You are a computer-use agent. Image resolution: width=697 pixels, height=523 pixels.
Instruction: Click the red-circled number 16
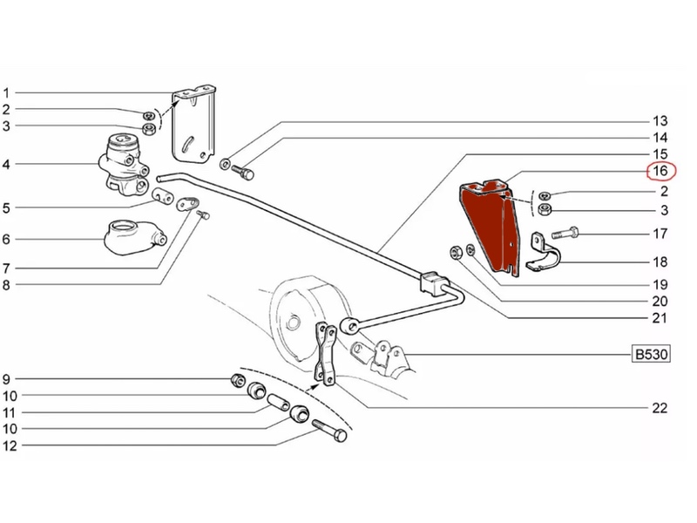660,171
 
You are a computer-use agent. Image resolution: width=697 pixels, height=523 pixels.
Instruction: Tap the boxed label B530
651,355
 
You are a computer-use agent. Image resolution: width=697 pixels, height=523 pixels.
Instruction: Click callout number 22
660,408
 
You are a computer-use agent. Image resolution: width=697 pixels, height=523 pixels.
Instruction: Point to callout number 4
6,165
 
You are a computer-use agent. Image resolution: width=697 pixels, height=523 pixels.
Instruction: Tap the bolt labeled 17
565,233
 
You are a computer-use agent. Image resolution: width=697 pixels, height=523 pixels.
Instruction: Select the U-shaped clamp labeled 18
543,252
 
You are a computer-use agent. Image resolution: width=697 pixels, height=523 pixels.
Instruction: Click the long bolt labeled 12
330,431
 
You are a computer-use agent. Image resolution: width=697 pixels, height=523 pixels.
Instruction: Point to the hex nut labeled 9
238,380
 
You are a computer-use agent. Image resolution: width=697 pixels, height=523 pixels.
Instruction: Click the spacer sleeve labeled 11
278,404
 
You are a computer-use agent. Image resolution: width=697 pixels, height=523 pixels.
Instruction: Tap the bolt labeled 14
242,171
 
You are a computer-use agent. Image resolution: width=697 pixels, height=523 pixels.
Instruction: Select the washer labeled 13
226,164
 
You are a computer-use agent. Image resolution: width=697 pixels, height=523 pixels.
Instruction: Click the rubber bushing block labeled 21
434,282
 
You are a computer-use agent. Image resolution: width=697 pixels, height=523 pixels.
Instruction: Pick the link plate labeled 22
325,355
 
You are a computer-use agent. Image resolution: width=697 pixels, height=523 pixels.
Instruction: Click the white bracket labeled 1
194,124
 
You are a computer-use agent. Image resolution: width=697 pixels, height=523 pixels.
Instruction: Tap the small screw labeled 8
205,215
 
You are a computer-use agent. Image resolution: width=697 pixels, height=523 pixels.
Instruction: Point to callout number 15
660,154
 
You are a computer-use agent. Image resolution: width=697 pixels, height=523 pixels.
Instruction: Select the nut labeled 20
456,252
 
